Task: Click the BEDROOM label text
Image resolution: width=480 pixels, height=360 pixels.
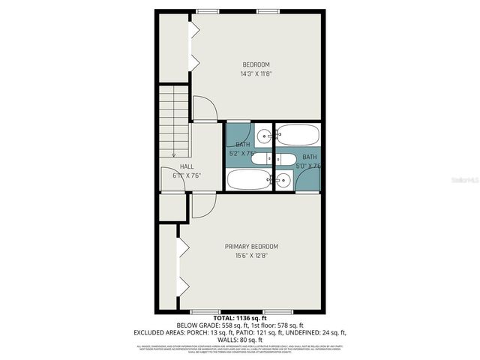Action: point(255,64)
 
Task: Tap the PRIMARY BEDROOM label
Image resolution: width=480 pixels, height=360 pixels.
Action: point(251,247)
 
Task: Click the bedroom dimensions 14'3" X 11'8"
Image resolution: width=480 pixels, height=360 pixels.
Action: point(255,74)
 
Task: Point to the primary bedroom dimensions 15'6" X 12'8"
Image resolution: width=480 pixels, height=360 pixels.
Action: point(251,256)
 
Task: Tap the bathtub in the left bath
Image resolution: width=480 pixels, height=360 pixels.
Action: point(247,180)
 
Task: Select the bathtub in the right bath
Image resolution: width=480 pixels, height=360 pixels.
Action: point(298,135)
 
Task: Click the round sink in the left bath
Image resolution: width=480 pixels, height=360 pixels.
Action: point(264,136)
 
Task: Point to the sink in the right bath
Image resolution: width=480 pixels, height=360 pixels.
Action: point(283,179)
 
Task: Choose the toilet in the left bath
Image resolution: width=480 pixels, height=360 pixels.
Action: point(262,158)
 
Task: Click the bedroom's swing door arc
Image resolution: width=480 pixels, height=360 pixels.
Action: point(205,109)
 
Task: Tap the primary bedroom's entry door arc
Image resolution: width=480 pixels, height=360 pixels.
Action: point(204,206)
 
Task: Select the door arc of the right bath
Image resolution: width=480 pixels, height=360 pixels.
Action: point(309,180)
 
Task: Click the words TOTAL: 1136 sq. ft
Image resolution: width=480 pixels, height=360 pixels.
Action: point(239,319)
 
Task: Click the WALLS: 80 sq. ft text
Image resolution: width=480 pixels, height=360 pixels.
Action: point(239,338)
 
